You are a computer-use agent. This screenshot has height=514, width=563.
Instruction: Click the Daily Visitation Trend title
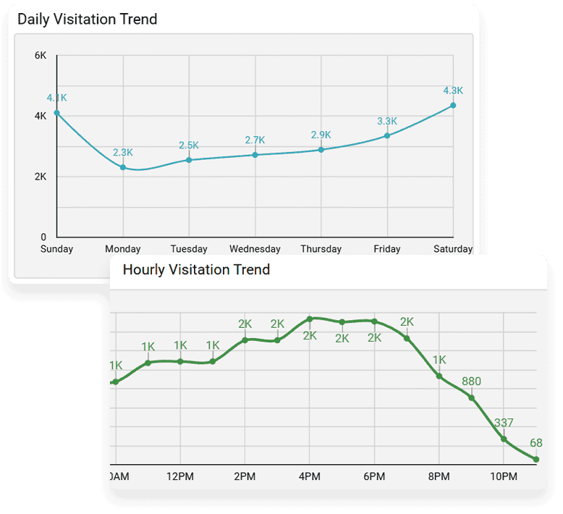87,20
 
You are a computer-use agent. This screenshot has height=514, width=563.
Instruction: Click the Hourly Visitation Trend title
196,270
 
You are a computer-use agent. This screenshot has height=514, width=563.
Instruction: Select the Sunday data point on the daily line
57,112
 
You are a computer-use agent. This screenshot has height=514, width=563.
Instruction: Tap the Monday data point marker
123,167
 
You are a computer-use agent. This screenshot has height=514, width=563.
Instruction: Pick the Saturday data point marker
453,105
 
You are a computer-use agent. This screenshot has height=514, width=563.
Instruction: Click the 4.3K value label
453,90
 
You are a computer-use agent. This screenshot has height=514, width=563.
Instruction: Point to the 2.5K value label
190,146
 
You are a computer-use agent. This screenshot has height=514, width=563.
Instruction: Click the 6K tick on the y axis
41,55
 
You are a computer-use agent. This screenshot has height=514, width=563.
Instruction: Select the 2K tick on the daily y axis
41,177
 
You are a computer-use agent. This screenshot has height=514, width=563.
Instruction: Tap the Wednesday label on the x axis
255,249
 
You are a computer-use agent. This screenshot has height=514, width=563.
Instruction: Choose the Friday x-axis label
387,249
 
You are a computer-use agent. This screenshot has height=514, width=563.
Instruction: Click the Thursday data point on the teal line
321,150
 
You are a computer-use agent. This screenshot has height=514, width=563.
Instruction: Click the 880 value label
471,382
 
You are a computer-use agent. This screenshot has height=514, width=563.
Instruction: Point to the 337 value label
503,423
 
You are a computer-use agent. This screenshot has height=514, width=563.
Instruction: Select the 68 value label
536,443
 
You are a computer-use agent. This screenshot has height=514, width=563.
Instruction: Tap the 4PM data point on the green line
310,319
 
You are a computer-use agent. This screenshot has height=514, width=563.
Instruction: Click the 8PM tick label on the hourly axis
439,476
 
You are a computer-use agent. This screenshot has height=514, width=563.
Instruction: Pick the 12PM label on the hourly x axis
180,476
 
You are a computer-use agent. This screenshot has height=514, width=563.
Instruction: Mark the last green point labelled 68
536,459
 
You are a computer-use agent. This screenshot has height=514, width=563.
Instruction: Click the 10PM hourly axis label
504,476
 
